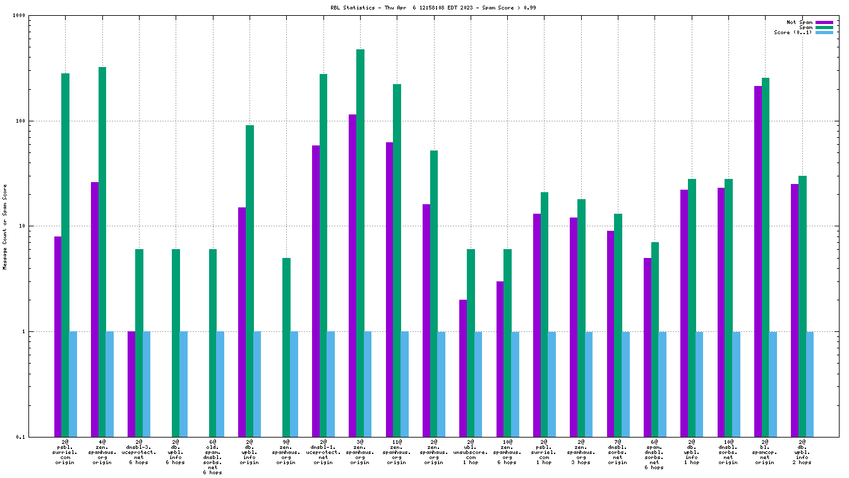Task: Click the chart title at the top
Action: click(424, 8)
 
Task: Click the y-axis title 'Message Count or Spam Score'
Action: click(5, 227)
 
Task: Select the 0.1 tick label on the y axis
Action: click(37, 437)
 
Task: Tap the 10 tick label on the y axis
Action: click(39, 226)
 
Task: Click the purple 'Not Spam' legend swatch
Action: click(824, 22)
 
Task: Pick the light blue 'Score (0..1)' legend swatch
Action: click(824, 32)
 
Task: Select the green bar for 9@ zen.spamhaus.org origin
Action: click(286, 347)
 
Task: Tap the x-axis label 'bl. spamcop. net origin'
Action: click(765, 452)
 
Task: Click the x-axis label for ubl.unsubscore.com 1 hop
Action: click(471, 452)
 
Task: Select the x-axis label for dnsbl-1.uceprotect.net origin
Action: click(323, 452)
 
